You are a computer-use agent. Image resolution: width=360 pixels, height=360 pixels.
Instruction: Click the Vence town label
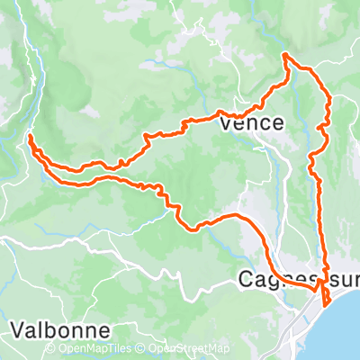click(252, 123)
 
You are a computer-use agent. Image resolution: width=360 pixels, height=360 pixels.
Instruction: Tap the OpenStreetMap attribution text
click(189, 349)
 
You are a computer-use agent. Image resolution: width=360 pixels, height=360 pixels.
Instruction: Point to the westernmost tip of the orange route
click(30, 137)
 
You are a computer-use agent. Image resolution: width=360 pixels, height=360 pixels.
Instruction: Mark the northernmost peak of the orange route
click(285, 56)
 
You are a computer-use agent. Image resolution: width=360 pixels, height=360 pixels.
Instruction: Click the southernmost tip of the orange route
click(323, 304)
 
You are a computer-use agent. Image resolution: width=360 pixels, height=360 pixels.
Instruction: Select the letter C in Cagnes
click(246, 280)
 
